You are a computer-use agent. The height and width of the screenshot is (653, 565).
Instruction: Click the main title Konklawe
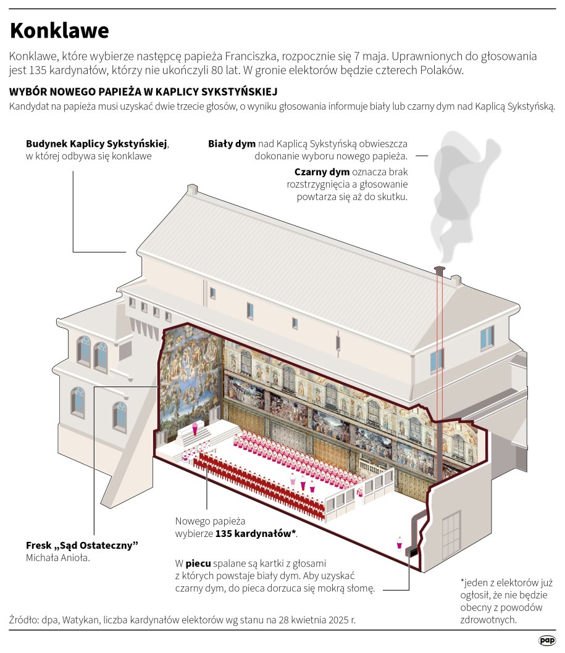click(59, 30)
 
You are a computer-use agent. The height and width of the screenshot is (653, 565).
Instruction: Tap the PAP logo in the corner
click(546, 641)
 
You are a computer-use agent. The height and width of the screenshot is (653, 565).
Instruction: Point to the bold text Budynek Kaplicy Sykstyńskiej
click(96, 143)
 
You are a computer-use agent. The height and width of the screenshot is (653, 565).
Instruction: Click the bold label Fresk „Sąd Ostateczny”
click(82, 545)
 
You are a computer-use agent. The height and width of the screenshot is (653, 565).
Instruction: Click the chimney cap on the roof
click(440, 270)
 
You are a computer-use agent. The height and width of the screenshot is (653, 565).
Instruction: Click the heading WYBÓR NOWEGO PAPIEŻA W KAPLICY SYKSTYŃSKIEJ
click(143, 91)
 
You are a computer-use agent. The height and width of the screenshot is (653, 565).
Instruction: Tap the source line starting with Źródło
click(183, 619)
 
